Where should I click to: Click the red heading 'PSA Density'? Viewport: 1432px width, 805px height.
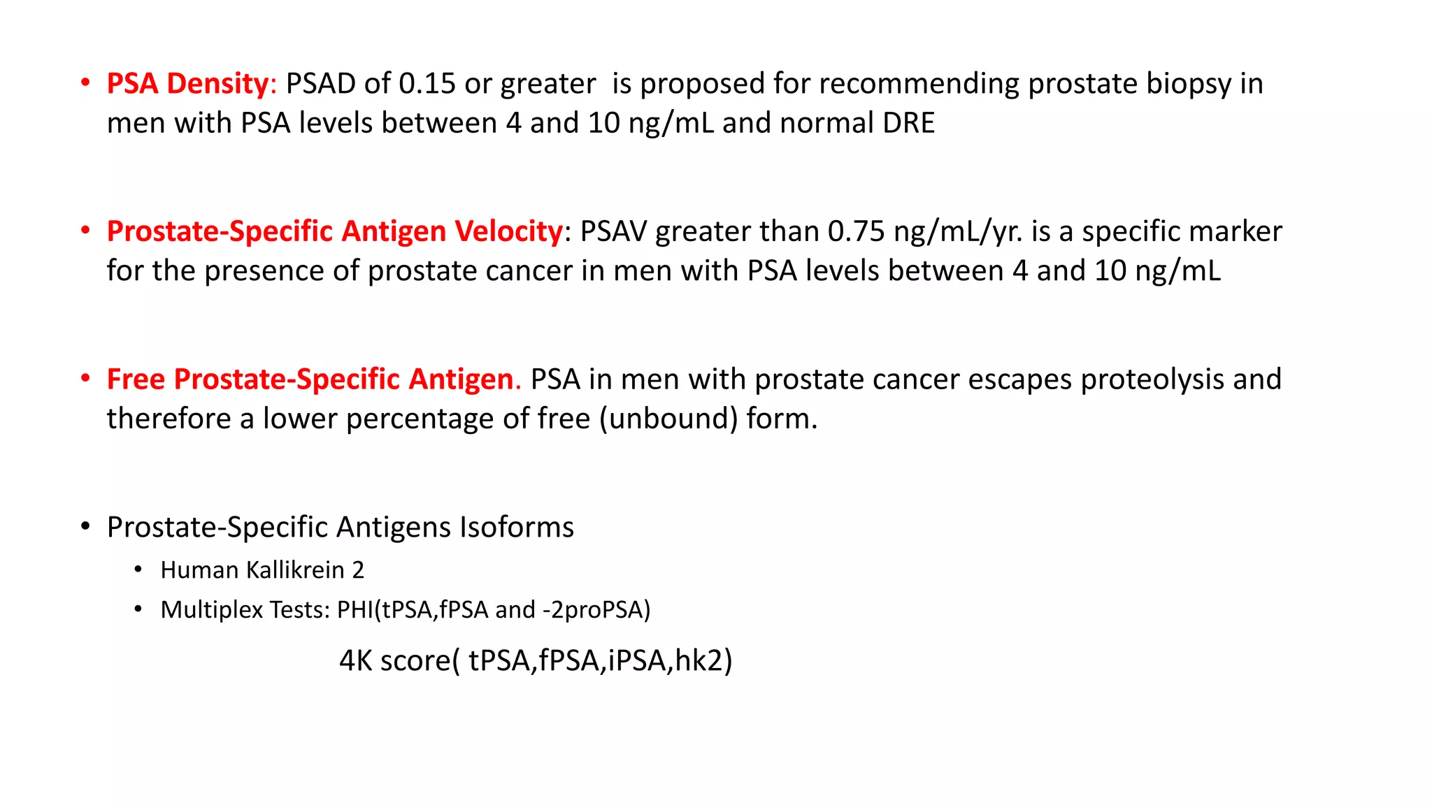(x=187, y=84)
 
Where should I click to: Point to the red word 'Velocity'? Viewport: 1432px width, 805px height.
(x=508, y=232)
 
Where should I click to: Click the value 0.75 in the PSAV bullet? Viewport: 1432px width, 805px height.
(x=856, y=232)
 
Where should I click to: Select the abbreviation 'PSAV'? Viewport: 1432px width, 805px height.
(x=613, y=232)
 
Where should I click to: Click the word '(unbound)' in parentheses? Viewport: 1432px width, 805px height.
(x=668, y=419)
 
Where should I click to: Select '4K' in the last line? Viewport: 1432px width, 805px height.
(x=355, y=661)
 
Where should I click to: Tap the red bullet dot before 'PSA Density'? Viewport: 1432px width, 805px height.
(x=85, y=83)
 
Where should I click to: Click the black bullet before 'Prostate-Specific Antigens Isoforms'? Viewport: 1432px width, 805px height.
(x=85, y=526)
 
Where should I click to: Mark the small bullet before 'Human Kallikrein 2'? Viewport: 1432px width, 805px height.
(x=138, y=570)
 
